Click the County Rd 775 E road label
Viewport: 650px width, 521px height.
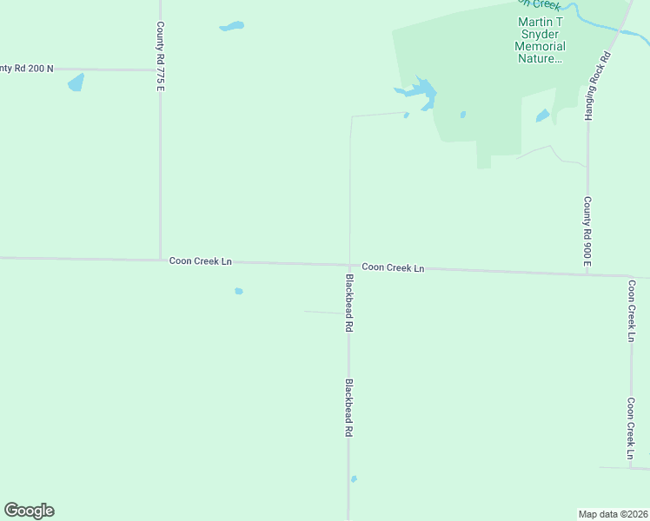pyautogui.click(x=160, y=57)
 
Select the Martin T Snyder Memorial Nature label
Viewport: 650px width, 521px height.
pyautogui.click(x=541, y=40)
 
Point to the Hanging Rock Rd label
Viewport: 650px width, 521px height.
pyautogui.click(x=598, y=84)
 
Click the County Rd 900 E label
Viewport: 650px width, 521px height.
pyautogui.click(x=587, y=231)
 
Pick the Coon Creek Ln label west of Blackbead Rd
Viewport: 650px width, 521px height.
pyautogui.click(x=201, y=260)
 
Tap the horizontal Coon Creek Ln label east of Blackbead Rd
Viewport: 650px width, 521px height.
pyautogui.click(x=393, y=267)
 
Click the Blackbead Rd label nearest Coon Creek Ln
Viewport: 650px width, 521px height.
pyautogui.click(x=349, y=303)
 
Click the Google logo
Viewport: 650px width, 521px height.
pyautogui.click(x=29, y=511)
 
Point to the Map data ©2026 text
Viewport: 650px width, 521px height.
pyautogui.click(x=613, y=513)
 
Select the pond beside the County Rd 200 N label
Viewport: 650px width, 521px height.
pyautogui.click(x=76, y=83)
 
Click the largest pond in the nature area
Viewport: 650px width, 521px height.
pyautogui.click(x=421, y=92)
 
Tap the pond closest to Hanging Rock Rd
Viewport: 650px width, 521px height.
pyautogui.click(x=543, y=115)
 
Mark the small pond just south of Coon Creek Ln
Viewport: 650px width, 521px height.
pyautogui.click(x=239, y=291)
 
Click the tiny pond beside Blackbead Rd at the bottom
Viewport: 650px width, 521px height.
pyautogui.click(x=354, y=478)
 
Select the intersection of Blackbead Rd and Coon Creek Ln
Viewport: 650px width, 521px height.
pyautogui.click(x=349, y=265)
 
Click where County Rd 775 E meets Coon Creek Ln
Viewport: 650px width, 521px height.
pyautogui.click(x=161, y=259)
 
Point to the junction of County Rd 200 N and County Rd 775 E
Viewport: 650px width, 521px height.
pyautogui.click(x=160, y=69)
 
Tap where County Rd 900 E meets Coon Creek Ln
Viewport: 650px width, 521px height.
pyautogui.click(x=587, y=274)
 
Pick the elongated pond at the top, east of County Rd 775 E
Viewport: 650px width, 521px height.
pyautogui.click(x=231, y=26)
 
